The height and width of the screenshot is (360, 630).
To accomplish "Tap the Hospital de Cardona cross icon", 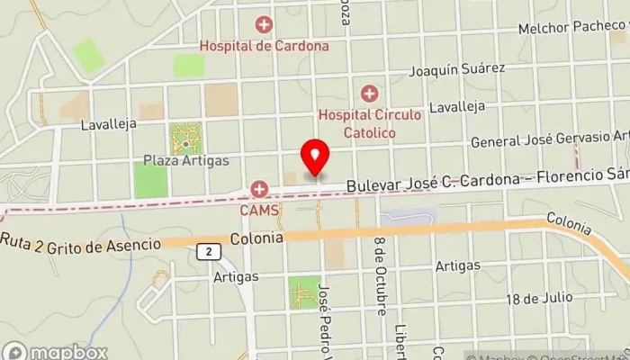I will coord(264,25).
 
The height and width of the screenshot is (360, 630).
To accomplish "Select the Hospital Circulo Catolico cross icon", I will coord(369,94).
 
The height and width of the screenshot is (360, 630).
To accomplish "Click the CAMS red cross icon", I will coord(260,189).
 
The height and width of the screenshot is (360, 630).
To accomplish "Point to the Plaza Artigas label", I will coord(186,161).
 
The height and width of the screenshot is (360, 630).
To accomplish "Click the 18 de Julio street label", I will coord(538,299).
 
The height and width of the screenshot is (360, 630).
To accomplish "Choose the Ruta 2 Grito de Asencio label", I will coord(81,243).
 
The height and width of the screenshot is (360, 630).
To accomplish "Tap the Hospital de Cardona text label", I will coord(264,44).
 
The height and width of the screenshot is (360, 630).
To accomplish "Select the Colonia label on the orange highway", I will coord(256,238).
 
